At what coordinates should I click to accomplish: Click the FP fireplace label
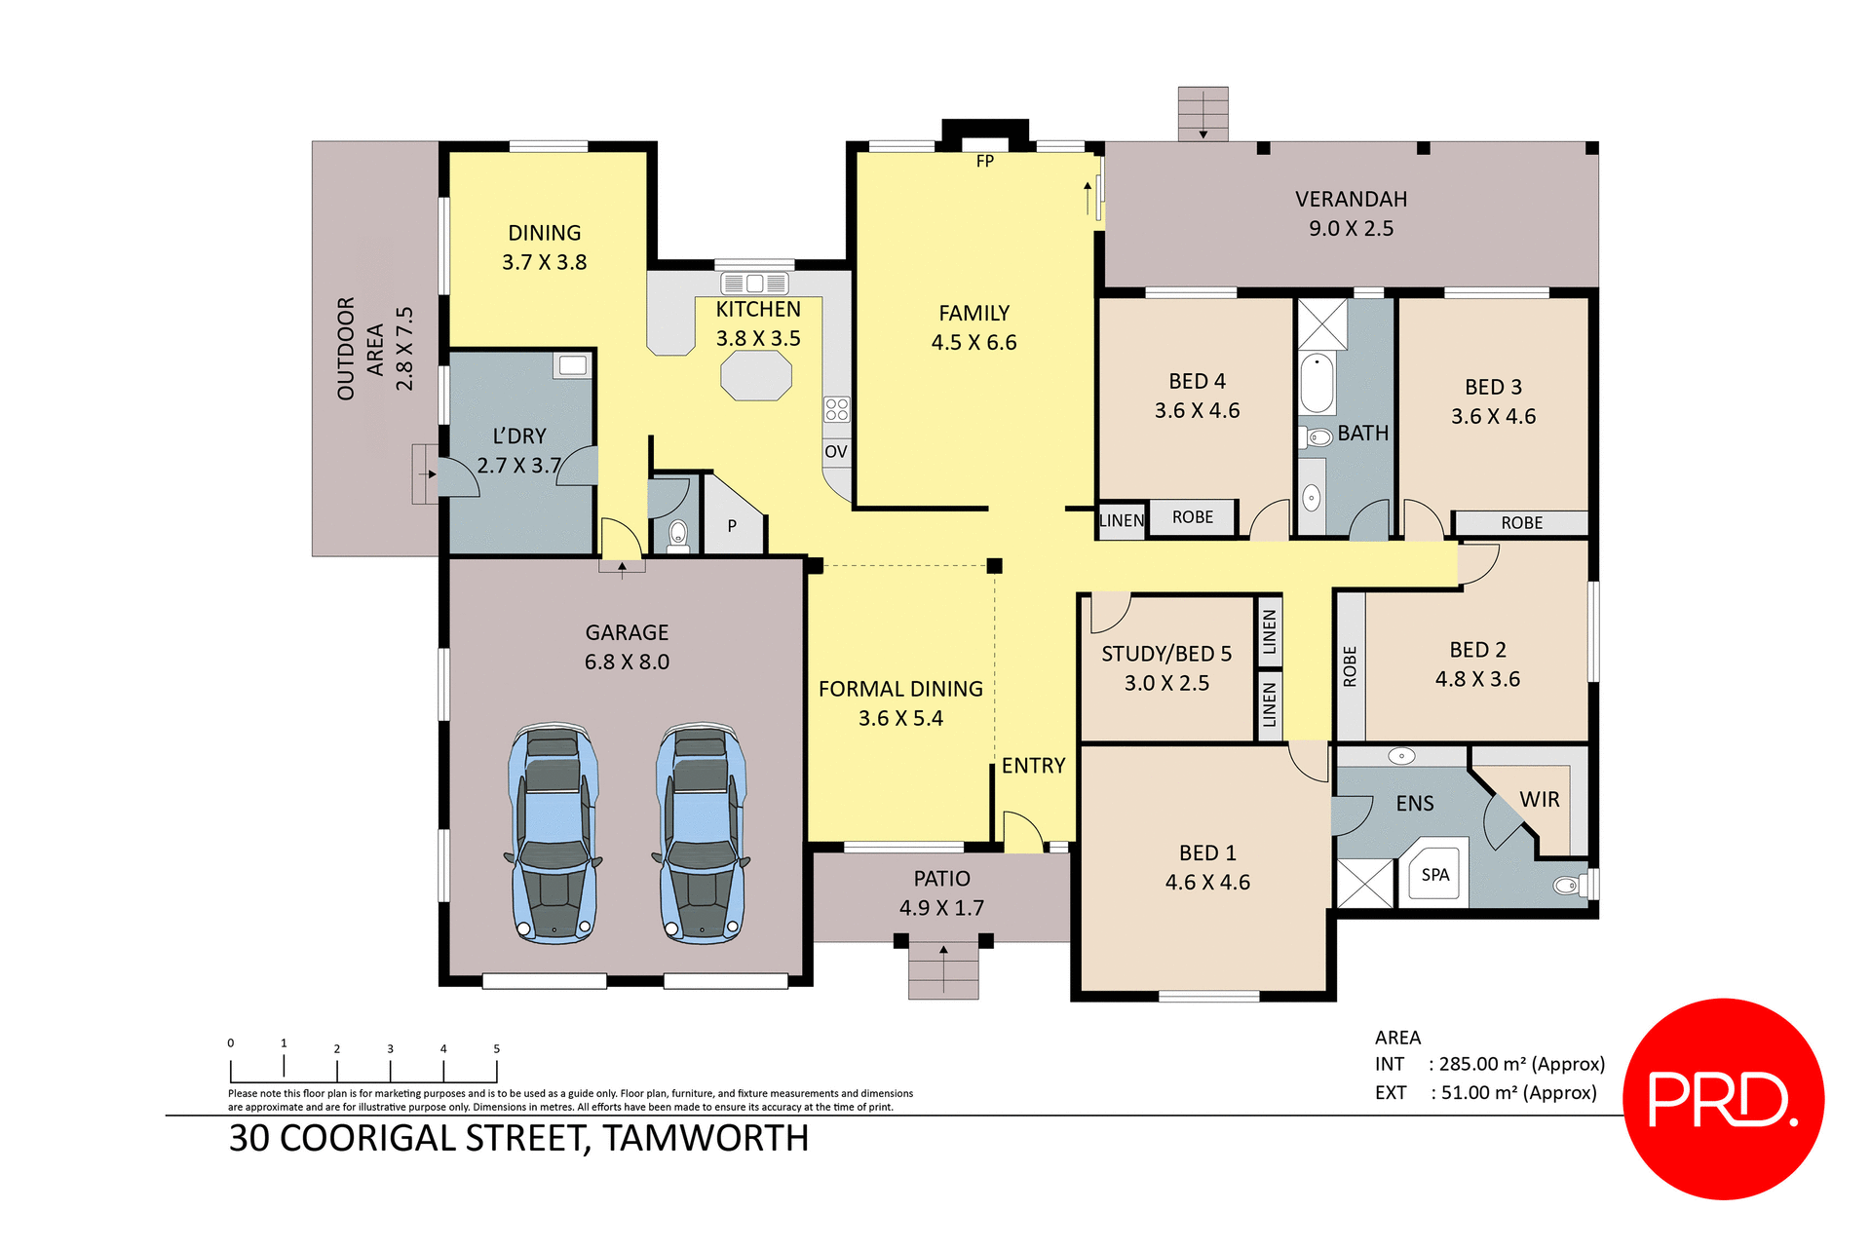click(x=985, y=162)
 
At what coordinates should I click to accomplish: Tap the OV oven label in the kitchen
click(x=836, y=452)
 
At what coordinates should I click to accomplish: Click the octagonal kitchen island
click(x=756, y=376)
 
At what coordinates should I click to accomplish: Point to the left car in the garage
click(x=553, y=834)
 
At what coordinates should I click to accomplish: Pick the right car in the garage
click(x=701, y=834)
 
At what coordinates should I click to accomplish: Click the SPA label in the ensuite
click(x=1435, y=875)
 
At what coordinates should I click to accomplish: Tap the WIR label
click(x=1540, y=800)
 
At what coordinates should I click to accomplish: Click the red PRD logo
click(x=1723, y=1099)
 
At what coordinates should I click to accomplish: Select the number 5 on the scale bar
click(x=497, y=1049)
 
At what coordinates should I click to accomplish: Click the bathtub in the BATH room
click(x=1317, y=384)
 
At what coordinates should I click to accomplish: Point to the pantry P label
click(x=732, y=526)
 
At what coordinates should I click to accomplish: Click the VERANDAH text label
click(x=1351, y=200)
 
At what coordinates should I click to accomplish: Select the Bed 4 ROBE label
click(x=1193, y=517)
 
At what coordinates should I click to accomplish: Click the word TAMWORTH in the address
click(x=706, y=1139)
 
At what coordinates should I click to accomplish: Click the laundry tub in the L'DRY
click(x=573, y=365)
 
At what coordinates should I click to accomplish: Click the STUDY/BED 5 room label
click(x=1166, y=654)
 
